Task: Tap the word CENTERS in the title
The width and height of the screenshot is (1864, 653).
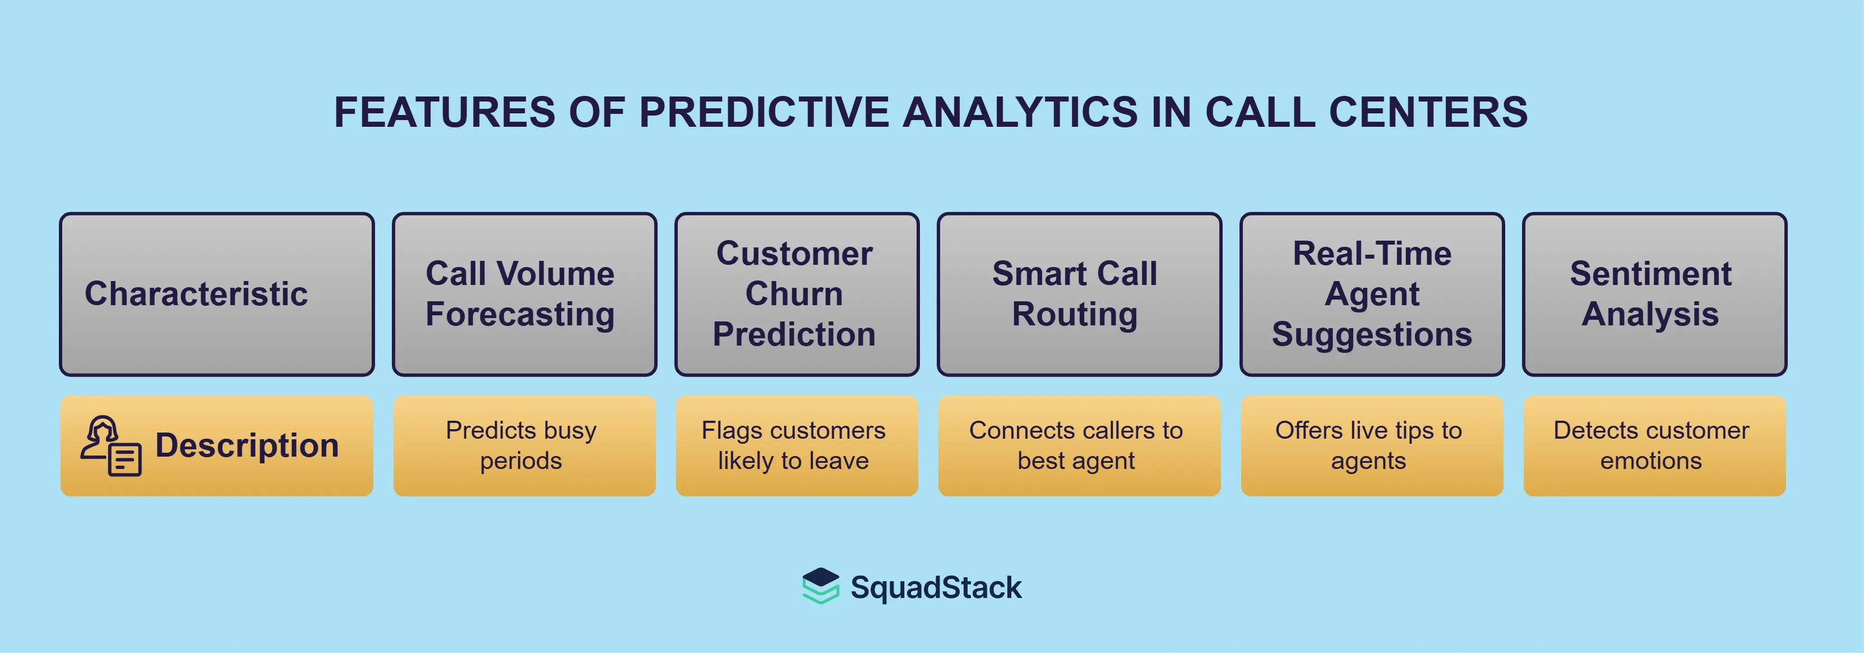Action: point(1428,112)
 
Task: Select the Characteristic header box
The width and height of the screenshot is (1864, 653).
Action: point(217,294)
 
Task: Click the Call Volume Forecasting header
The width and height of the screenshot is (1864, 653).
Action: point(525,294)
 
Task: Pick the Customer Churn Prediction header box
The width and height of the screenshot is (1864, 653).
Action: point(797,294)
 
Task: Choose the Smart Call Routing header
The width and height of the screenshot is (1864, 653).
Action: point(1079,294)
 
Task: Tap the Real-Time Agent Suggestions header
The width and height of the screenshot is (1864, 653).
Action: point(1372,294)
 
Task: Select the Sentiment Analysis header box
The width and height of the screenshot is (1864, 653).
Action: point(1654,294)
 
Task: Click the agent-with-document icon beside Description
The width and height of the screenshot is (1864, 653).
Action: point(110,445)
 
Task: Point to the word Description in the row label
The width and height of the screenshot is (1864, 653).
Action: point(247,445)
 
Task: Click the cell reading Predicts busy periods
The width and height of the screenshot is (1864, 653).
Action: point(525,445)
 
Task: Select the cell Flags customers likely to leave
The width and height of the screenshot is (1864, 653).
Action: point(797,445)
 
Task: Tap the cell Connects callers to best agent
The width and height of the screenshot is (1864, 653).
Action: point(1079,445)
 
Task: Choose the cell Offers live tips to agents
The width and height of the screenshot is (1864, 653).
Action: point(1372,445)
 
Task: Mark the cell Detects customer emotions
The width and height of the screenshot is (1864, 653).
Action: point(1654,445)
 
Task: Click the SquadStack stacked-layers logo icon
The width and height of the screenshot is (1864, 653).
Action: point(821,586)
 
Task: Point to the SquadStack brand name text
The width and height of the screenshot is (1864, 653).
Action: point(936,587)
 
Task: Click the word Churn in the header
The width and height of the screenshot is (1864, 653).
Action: point(794,294)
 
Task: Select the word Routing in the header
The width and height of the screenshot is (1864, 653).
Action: point(1075,315)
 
